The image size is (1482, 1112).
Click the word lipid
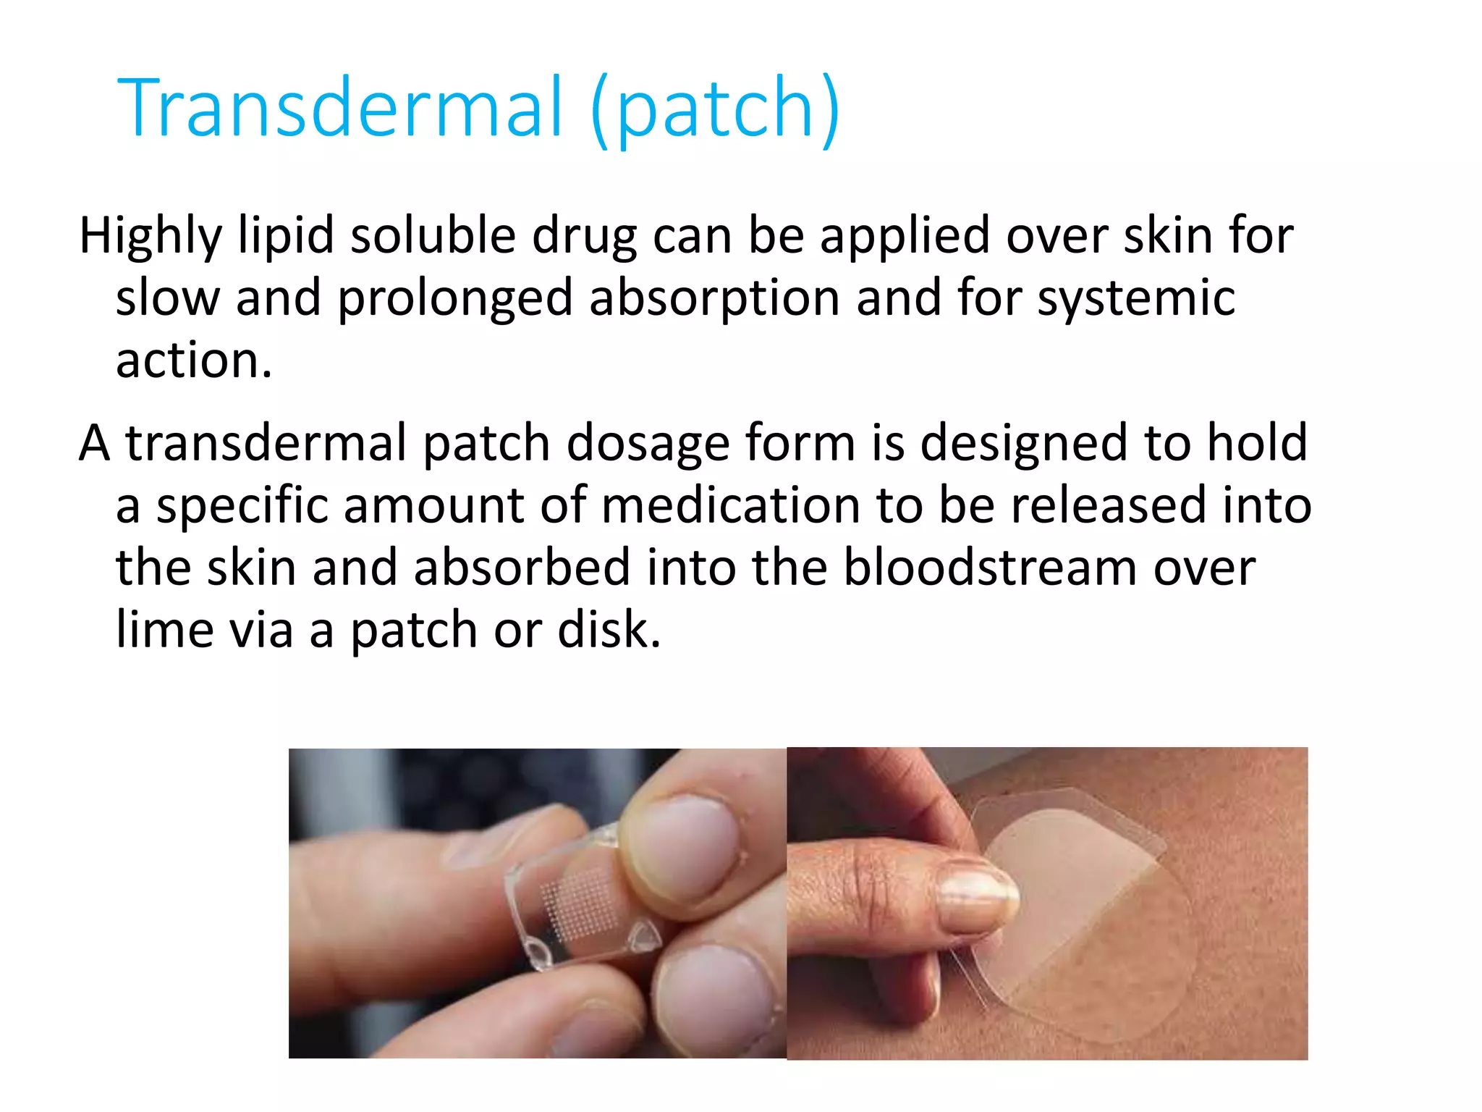[286, 236]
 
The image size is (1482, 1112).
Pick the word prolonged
[455, 298]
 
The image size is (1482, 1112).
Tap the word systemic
[1136, 298]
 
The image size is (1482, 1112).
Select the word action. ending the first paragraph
[194, 360]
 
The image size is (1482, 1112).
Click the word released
[1108, 505]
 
